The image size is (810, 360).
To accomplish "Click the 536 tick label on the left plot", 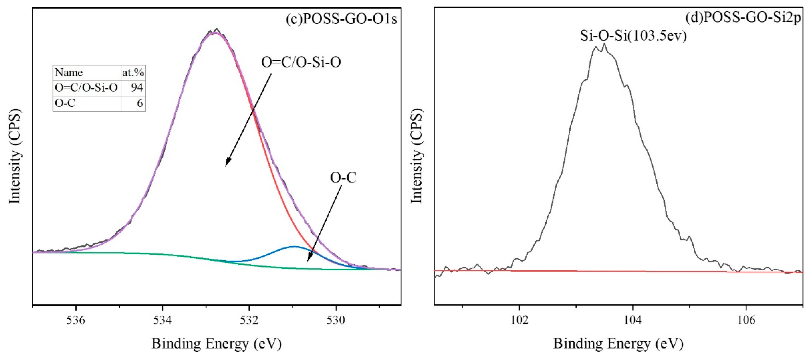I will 76,320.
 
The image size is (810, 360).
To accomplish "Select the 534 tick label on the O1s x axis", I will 163,320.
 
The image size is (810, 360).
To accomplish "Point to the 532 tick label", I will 249,320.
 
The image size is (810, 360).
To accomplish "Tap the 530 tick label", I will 336,320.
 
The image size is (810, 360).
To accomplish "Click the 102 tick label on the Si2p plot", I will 519,320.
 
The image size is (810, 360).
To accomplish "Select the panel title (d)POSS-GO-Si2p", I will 743,18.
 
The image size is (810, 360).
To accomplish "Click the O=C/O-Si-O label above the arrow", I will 301,62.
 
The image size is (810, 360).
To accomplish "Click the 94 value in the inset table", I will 137,88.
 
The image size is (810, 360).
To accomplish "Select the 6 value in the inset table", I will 140,103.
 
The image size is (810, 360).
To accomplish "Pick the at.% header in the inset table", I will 133,73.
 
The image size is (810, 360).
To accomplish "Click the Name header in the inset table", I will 69,73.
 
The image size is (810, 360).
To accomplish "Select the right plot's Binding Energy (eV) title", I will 618,343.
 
